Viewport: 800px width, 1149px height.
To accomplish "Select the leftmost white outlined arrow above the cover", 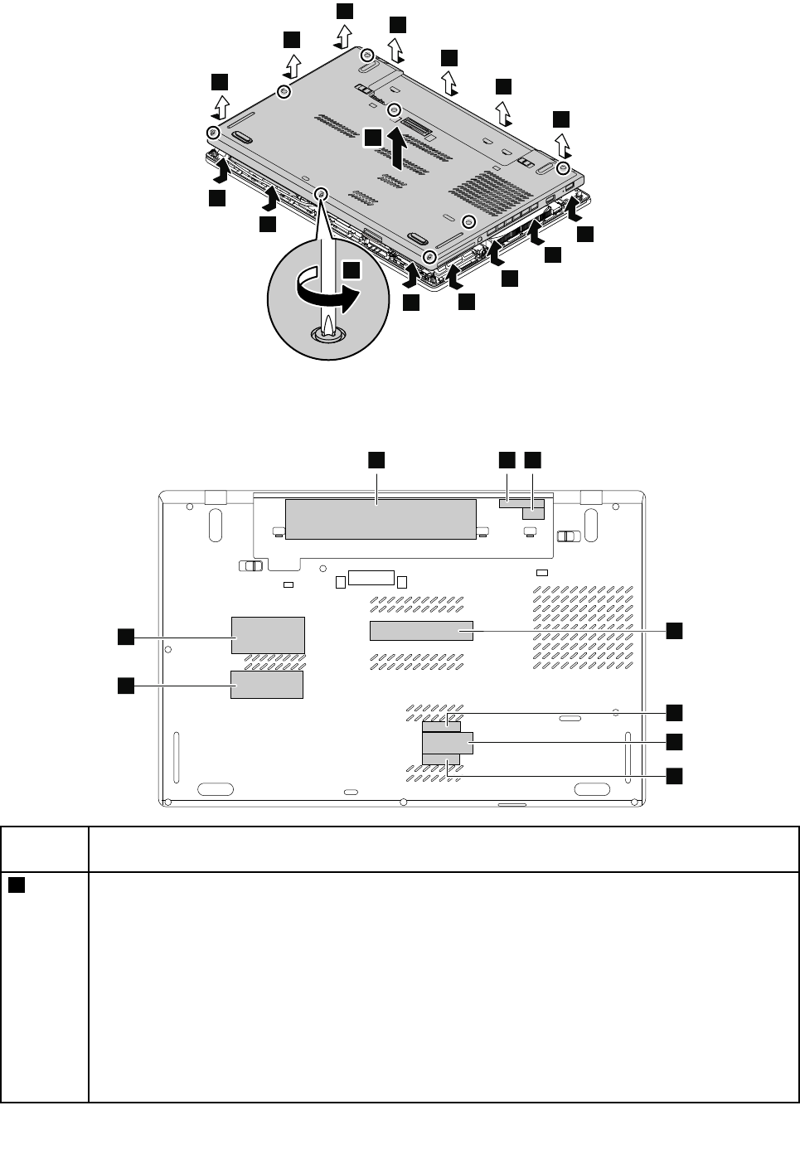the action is (x=221, y=106).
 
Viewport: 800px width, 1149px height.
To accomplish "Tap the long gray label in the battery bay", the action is (x=380, y=517).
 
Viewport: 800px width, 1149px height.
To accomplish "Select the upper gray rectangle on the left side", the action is (x=268, y=635).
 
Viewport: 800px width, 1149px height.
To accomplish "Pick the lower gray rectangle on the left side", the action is (x=266, y=685).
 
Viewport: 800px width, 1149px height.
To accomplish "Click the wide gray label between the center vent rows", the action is (x=420, y=631).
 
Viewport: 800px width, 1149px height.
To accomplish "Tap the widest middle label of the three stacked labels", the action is (x=448, y=743).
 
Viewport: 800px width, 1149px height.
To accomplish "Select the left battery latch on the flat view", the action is (x=250, y=566).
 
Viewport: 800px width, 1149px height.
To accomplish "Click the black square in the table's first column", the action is (x=17, y=885).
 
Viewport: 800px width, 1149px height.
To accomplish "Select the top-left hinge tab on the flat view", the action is (x=216, y=497).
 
